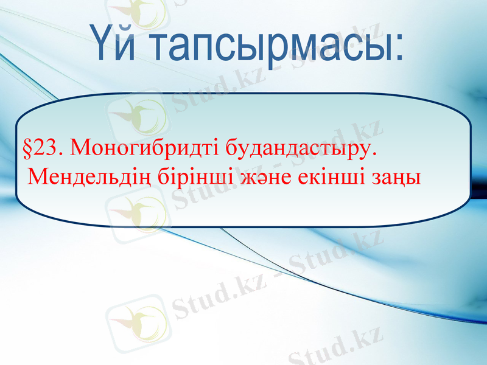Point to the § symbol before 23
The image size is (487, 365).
27,147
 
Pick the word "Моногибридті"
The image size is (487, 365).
141,148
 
